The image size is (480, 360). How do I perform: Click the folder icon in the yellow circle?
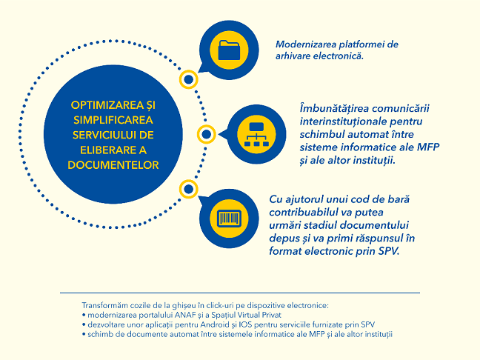230,50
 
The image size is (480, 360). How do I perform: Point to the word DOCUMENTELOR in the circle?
113,164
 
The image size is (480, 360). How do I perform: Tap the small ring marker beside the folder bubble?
189,78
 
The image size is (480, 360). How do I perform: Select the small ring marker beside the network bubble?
207,135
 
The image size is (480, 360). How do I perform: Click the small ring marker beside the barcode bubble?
189,190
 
